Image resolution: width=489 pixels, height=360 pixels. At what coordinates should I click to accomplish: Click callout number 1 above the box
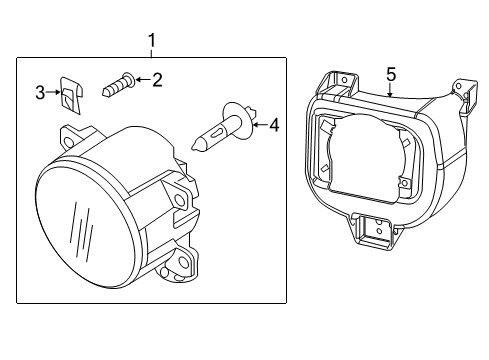pos(152,40)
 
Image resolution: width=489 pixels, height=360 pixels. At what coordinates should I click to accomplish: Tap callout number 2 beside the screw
pos(157,80)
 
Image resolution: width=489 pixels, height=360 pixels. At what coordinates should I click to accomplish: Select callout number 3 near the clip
pos(40,93)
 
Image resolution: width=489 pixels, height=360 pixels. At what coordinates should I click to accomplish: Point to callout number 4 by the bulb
pos(274,125)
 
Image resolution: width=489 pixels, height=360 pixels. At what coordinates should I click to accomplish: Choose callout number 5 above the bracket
pos(391,74)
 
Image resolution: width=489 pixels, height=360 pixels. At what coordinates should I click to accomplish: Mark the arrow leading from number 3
pos(52,94)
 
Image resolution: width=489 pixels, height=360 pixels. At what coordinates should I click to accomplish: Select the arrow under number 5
pos(391,89)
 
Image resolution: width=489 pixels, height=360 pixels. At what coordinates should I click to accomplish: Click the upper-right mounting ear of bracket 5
pos(462,92)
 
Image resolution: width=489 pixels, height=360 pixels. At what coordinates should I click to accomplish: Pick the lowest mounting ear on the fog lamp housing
pos(183,261)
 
